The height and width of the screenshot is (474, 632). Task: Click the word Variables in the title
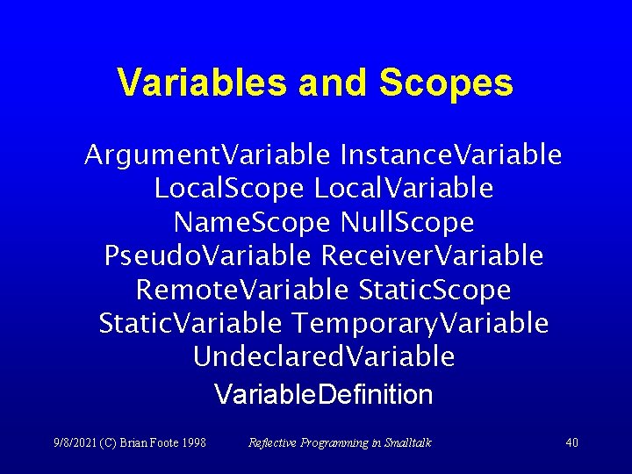point(201,83)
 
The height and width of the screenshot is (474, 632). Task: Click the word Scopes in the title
point(446,83)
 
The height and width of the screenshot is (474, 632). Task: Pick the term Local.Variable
point(404,189)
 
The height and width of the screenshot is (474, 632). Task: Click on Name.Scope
point(251,222)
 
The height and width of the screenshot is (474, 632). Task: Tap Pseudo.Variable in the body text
point(207,256)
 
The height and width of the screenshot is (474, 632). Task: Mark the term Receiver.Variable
point(433,256)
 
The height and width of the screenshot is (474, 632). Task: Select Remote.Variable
point(242,290)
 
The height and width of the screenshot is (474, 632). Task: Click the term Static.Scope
point(434,290)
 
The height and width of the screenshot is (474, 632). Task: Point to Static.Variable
point(190,323)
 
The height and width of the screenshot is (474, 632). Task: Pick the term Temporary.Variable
point(421,323)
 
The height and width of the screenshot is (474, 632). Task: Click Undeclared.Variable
point(324,357)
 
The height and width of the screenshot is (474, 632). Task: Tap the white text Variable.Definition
point(324,395)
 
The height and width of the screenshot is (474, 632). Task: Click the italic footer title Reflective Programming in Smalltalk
point(340,442)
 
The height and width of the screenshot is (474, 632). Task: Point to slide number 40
point(571,442)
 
